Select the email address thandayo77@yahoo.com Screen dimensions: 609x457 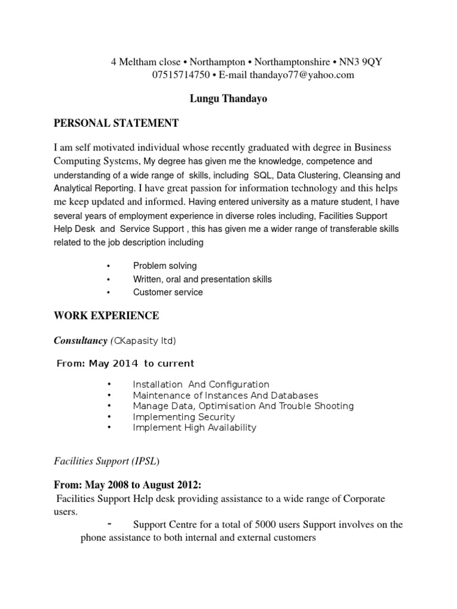coord(302,74)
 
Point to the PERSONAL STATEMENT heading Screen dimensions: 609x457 coord(116,123)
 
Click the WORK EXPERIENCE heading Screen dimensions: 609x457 coord(107,315)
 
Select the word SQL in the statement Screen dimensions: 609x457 coord(262,175)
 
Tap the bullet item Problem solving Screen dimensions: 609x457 coord(165,266)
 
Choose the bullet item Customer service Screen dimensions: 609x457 coord(168,292)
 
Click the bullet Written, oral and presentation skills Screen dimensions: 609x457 coord(202,279)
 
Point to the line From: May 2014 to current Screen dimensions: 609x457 coord(125,363)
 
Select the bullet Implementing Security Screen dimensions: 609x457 coord(184,417)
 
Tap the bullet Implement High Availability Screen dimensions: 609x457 coord(195,428)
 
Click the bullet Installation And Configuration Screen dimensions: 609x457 coord(201,385)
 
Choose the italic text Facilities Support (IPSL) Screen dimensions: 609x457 coord(107,461)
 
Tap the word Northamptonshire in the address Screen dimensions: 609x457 coord(291,62)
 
